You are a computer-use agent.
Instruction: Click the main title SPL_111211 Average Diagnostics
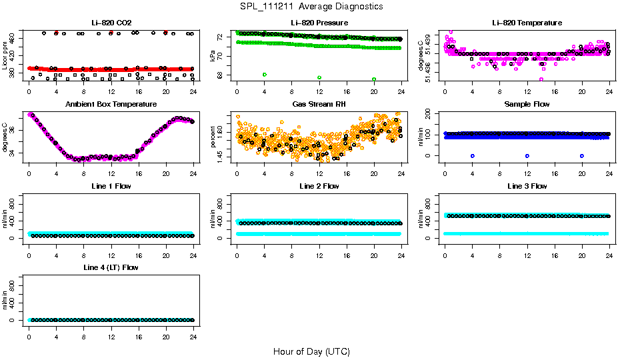[312, 6]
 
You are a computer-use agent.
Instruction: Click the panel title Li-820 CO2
[111, 23]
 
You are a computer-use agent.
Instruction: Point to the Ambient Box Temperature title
[111, 105]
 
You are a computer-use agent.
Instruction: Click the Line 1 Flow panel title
[111, 186]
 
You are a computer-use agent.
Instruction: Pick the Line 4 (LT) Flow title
[111, 267]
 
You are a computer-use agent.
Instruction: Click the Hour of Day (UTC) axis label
[311, 351]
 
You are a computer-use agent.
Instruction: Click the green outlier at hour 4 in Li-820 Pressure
[265, 74]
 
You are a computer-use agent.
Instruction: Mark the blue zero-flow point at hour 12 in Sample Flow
[527, 155]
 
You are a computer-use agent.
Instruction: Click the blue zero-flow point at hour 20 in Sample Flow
[582, 155]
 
